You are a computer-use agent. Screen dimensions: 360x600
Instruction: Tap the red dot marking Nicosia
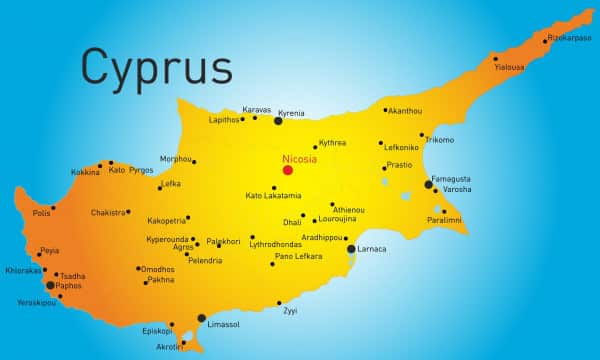[x=288, y=170]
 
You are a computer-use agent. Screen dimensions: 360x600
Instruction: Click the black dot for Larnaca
[x=351, y=249]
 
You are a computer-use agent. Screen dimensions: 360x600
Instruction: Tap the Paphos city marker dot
[x=50, y=285]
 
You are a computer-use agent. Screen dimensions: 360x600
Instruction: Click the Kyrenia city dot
[x=279, y=120]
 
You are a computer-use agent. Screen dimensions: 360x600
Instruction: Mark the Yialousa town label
[x=510, y=67]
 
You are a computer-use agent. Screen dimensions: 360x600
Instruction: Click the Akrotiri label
[x=170, y=346]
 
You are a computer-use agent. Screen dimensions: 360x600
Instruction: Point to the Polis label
[x=41, y=212]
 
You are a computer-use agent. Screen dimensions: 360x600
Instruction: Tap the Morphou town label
[x=175, y=158]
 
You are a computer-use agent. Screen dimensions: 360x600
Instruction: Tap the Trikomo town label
[x=439, y=139]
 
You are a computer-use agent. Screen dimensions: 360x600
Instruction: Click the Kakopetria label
[x=166, y=219]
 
